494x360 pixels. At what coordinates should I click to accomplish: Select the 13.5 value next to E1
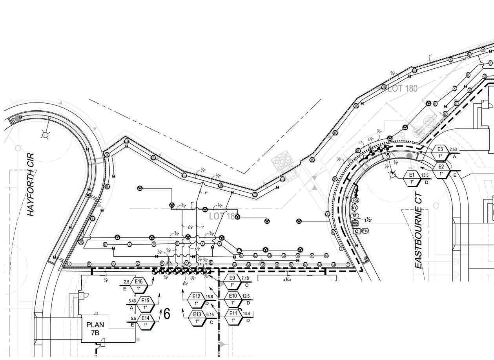click(425, 175)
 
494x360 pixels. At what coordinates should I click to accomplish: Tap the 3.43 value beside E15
click(132, 301)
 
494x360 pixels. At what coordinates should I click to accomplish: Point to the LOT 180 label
click(403, 88)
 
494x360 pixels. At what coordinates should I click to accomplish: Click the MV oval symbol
click(355, 207)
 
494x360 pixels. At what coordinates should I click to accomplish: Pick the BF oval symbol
click(354, 215)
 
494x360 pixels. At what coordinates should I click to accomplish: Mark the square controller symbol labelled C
click(356, 231)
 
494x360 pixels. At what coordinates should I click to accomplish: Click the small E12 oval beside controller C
click(365, 231)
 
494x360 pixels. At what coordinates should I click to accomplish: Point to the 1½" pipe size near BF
click(368, 220)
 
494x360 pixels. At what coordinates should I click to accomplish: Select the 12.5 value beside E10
click(246, 296)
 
